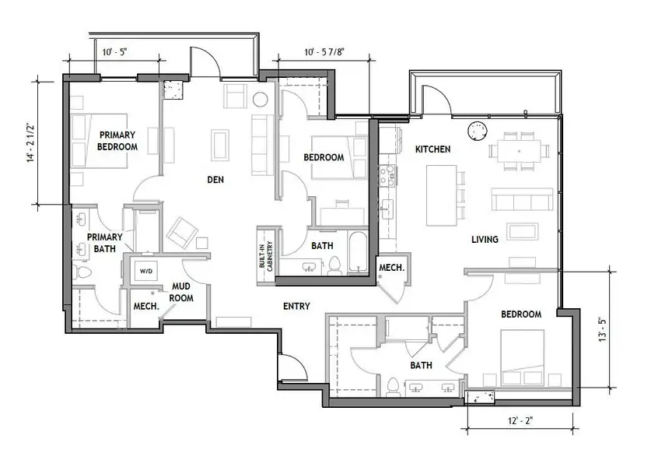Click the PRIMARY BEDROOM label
tap(117, 141)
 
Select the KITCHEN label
tap(432, 149)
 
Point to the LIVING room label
tap(485, 240)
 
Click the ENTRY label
tap(296, 306)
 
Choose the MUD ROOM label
tap(182, 292)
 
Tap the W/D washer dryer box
tap(146, 271)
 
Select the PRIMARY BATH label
tap(103, 243)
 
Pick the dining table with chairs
tap(516, 148)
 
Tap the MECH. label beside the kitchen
tap(390, 268)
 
